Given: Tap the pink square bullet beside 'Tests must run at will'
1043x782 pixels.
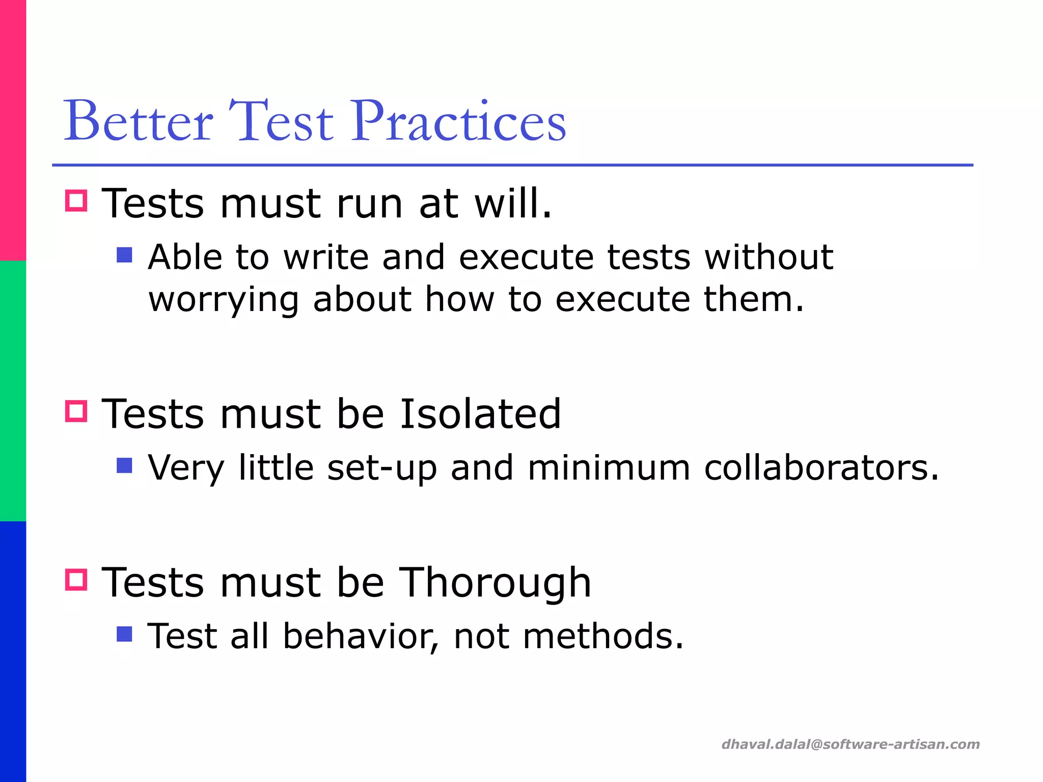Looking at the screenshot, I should [76, 201].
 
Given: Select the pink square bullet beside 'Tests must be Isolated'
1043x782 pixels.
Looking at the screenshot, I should [76, 411].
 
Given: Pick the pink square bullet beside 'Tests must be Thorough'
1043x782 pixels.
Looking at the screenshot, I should [76, 579].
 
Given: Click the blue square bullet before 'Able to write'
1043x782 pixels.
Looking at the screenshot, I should [124, 255].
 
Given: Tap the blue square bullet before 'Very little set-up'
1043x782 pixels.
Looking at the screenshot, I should [124, 465].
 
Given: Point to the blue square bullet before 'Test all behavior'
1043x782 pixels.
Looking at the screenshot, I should [124, 634].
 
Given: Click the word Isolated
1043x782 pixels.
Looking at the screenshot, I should [480, 413].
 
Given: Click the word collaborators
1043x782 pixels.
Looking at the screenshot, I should [821, 467].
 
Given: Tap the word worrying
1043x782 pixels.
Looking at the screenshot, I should [223, 299].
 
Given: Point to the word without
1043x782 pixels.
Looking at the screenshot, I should [769, 257].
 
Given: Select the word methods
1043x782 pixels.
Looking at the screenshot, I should [603, 636].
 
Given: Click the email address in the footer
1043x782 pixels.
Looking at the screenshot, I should [850, 744].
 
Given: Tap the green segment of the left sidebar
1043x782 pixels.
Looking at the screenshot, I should [13, 391].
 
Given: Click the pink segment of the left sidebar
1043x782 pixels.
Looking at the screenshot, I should [13, 130].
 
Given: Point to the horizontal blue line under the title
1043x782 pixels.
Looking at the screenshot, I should [512, 165].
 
